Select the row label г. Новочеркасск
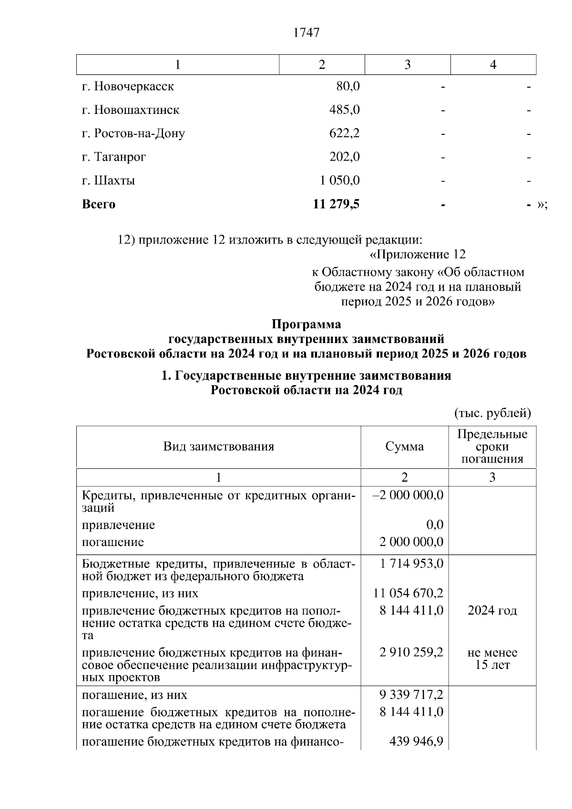point(128,87)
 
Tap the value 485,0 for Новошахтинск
point(344,110)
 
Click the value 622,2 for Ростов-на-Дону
point(344,133)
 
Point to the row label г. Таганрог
point(114,157)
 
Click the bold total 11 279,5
point(336,204)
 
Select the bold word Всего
point(99,204)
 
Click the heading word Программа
point(306,324)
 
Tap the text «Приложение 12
point(418,254)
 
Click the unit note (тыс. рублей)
point(492,413)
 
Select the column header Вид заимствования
point(218,447)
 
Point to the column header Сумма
point(404,447)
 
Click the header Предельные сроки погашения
point(492,447)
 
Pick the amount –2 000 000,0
point(408,496)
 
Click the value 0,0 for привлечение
point(435,525)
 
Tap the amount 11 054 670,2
point(408,594)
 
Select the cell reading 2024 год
point(492,611)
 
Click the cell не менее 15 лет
point(492,659)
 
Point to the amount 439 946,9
point(416,742)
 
